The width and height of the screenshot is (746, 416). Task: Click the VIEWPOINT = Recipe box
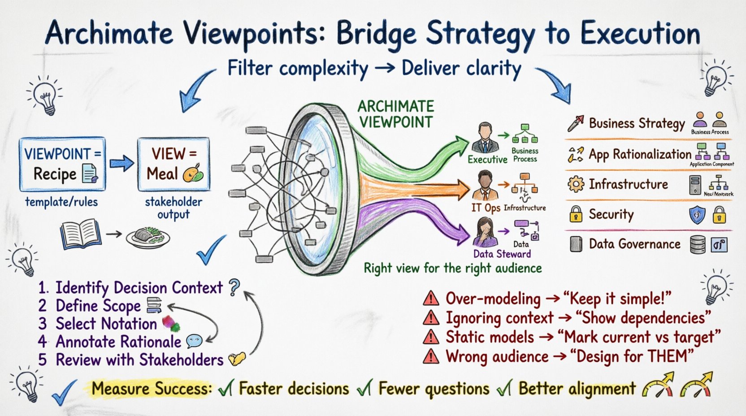62,164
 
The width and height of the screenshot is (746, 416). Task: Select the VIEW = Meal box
173,164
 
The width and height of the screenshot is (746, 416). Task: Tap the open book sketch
80,234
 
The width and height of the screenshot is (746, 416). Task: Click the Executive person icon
485,139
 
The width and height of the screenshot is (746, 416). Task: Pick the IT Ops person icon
485,186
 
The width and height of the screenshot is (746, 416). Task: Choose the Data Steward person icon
485,232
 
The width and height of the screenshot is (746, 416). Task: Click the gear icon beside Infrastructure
576,184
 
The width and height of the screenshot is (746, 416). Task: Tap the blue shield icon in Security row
697,215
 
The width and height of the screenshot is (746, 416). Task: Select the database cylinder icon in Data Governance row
698,245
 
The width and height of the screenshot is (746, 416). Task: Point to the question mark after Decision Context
234,287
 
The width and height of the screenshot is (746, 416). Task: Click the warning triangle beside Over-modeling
431,298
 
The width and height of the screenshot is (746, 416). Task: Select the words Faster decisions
294,388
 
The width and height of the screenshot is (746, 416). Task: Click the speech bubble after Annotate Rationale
194,342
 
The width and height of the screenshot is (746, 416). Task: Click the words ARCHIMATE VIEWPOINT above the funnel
396,114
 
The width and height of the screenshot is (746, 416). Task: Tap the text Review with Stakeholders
139,360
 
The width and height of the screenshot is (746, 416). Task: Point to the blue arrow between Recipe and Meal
121,164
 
